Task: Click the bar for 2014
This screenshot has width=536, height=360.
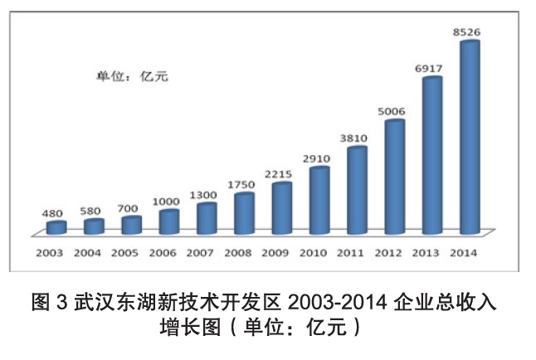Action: pos(470,137)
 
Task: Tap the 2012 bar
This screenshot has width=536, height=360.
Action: pos(394,177)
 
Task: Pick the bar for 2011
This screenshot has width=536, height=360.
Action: pos(357,190)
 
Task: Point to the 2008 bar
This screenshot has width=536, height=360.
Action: pos(244,213)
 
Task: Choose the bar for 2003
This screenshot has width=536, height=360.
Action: pos(56,227)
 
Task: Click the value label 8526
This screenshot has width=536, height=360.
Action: pos(467,32)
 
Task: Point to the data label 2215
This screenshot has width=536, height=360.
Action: pos(280,175)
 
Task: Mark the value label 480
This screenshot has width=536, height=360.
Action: pos(53,214)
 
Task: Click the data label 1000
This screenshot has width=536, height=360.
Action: pos(167,202)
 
